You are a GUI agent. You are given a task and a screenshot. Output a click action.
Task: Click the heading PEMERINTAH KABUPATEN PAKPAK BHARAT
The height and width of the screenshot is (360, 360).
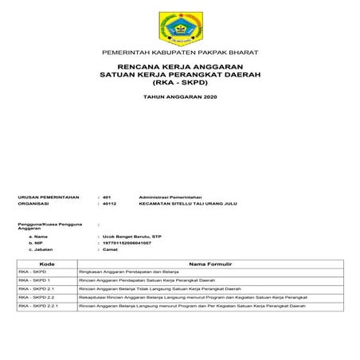[x=179, y=52]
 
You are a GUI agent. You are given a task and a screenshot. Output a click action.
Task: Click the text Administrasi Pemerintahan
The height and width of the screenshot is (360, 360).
[x=170, y=196]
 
